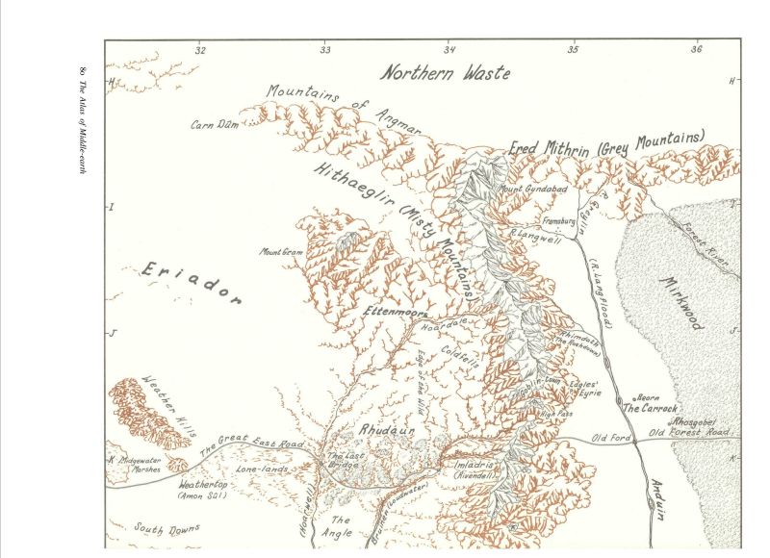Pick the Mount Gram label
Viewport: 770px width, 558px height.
coord(280,252)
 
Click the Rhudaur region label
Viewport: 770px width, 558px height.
coord(386,432)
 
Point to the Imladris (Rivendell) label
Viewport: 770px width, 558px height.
coord(475,469)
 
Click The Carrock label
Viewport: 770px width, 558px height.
coord(650,409)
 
